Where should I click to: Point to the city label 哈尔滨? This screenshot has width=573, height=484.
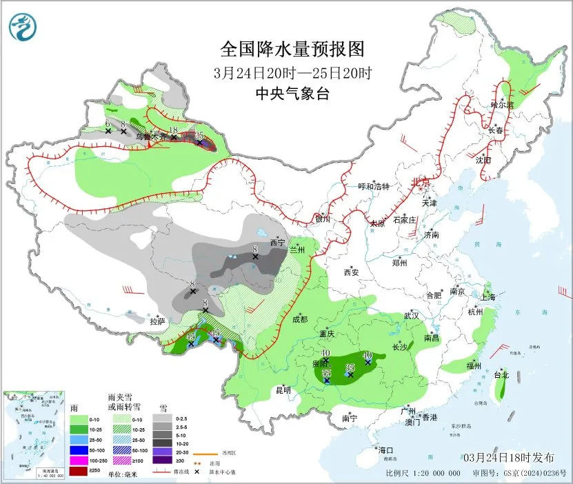point(502,105)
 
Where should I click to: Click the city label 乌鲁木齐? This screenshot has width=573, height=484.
point(150,137)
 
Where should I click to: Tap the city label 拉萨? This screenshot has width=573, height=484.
point(157,321)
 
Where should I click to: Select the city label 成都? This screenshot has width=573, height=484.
point(299,319)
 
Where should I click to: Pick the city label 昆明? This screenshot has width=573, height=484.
point(283,390)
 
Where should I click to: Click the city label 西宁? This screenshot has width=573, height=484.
point(277,243)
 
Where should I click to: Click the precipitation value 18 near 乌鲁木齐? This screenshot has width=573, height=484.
point(174,130)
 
